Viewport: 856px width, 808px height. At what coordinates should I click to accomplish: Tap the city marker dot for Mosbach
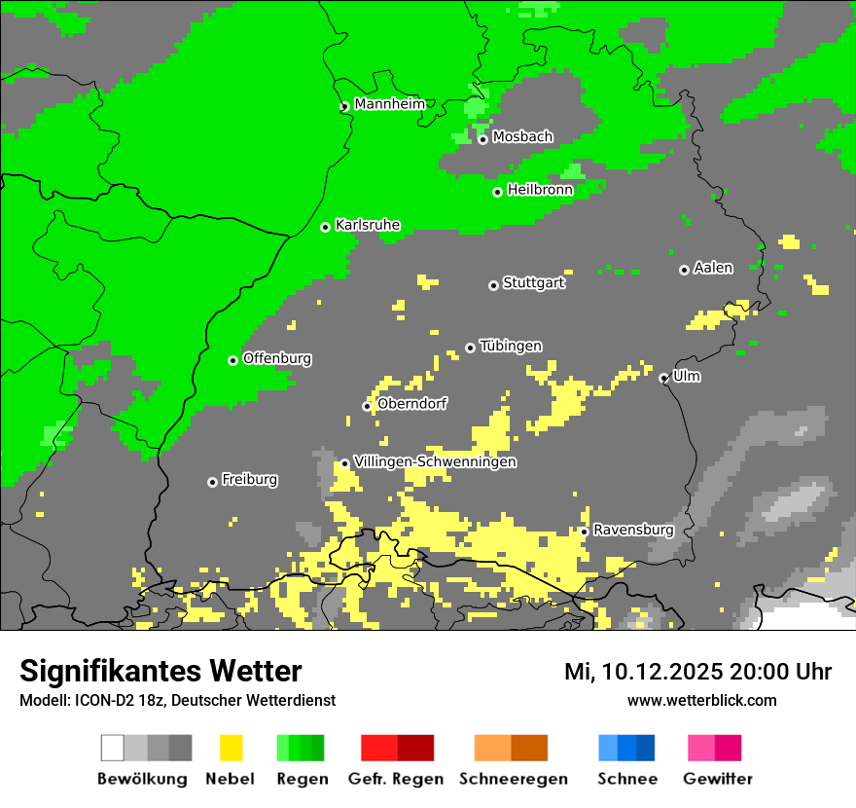point(482,139)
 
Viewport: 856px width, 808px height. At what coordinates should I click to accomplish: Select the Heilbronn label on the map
point(540,190)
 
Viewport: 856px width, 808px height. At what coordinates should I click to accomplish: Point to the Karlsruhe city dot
point(326,227)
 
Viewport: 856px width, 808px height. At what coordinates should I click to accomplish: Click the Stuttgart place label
point(533,283)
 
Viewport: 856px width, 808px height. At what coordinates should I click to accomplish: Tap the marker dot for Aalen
point(684,270)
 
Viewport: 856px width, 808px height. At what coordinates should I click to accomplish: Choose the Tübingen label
point(511,347)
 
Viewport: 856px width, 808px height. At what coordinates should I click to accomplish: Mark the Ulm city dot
point(663,378)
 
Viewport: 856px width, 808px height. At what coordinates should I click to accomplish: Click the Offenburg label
point(277,358)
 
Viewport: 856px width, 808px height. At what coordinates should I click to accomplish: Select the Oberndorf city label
point(412,404)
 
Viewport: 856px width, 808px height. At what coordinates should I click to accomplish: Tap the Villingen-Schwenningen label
point(435,461)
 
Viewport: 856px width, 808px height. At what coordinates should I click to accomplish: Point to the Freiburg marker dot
point(212,482)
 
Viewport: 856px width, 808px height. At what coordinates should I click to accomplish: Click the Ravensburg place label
point(633,531)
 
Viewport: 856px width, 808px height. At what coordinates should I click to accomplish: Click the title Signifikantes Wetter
point(160,671)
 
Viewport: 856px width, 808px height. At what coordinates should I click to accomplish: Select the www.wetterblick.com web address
point(701,700)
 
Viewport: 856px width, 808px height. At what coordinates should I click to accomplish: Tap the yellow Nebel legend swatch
point(231,748)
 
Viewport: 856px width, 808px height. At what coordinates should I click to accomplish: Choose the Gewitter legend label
point(717,779)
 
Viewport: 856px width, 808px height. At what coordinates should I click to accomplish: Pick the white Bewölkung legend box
point(113,748)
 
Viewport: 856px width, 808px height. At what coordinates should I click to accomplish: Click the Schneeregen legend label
point(513,779)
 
